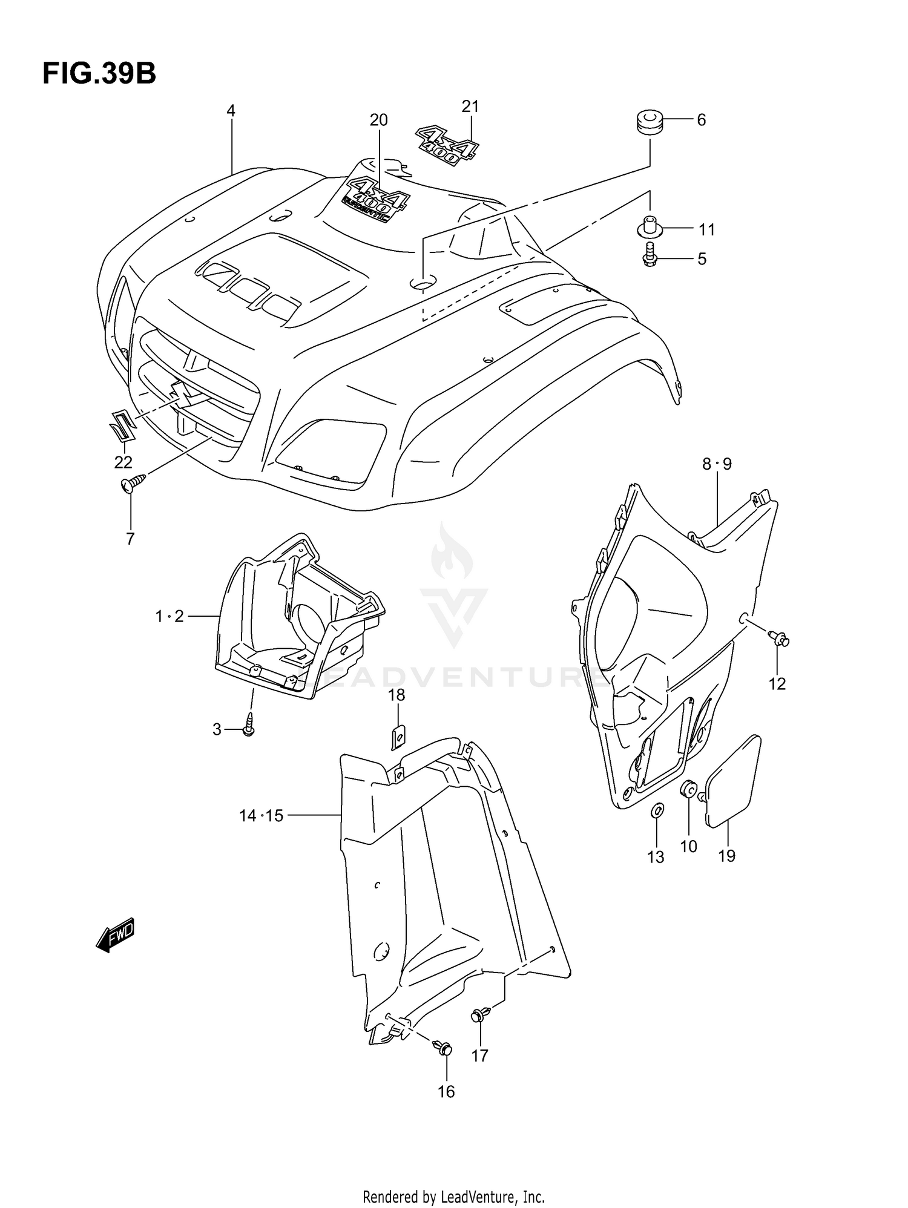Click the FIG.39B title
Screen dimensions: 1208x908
pos(99,74)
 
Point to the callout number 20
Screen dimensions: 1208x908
pos(379,120)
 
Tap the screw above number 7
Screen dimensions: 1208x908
pos(134,482)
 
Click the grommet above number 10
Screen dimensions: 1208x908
pos(688,790)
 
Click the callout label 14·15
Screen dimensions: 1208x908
pos(261,816)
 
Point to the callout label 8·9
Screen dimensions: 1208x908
pos(717,464)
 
